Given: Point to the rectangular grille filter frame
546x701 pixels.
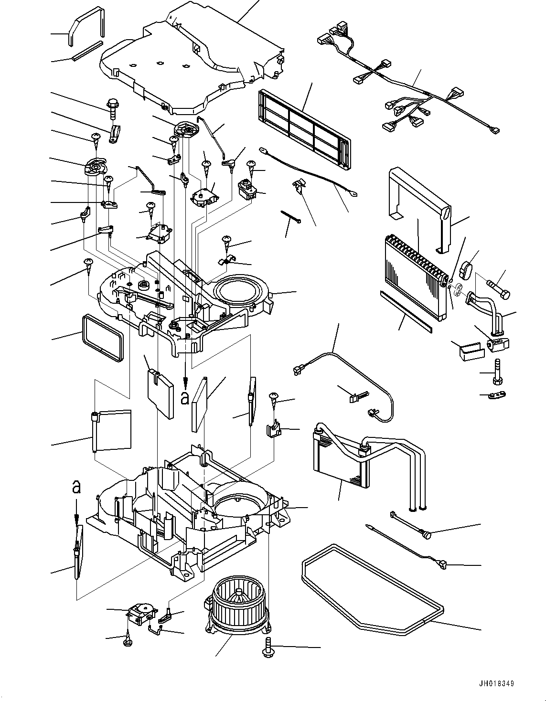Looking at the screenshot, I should (x=303, y=128).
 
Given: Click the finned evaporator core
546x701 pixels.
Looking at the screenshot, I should (x=416, y=277).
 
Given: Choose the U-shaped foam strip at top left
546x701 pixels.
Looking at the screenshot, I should (x=86, y=26).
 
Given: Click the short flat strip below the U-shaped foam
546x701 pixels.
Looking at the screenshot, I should (x=87, y=51).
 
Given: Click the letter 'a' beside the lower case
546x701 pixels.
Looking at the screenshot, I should (x=76, y=487).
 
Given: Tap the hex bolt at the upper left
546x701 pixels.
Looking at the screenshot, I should (x=113, y=108).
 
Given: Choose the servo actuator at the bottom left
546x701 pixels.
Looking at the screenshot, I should (x=142, y=613).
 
